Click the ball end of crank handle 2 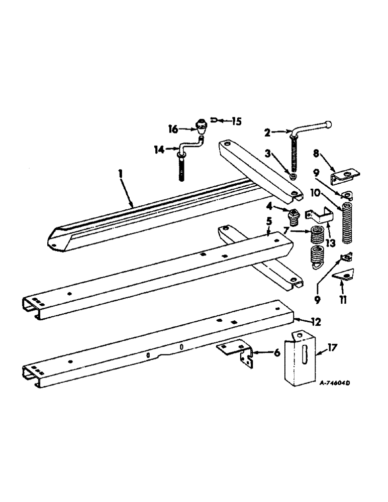[x=328, y=123]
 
